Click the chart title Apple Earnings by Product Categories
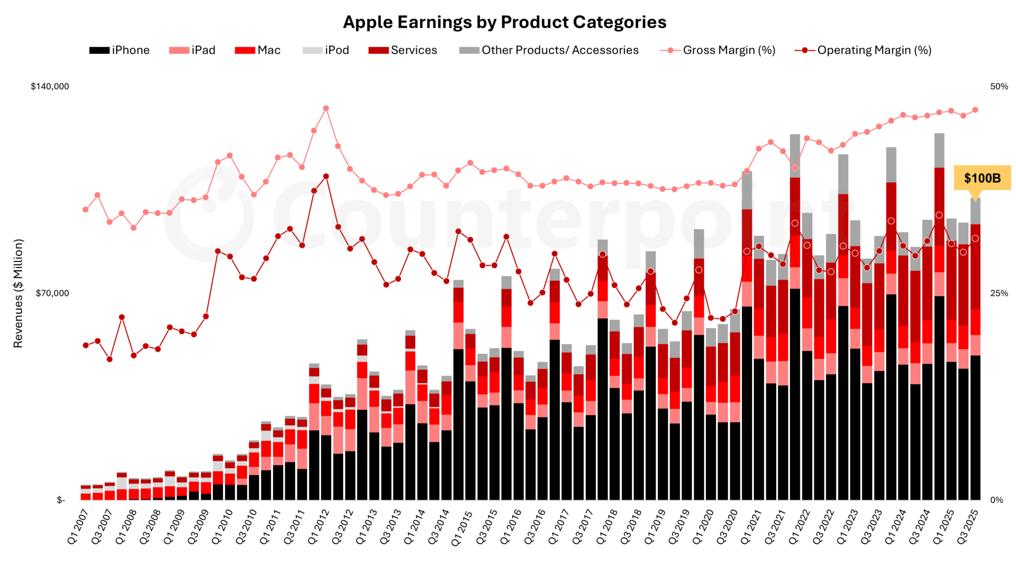pos(504,22)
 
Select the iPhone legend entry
pos(120,50)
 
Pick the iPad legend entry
pos(192,50)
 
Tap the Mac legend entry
pos(258,50)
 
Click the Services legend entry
pos(403,50)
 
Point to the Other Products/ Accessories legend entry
pos(549,50)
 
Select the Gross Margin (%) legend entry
pos(718,50)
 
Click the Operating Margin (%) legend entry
pos(863,50)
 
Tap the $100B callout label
pos(982,178)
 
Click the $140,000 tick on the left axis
pos(50,86)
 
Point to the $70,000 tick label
pos(52,293)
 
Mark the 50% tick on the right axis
pos(999,86)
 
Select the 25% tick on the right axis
pos(999,293)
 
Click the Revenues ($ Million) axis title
pos(19,293)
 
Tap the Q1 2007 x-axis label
pos(78,527)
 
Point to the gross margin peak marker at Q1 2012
pos(326,108)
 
